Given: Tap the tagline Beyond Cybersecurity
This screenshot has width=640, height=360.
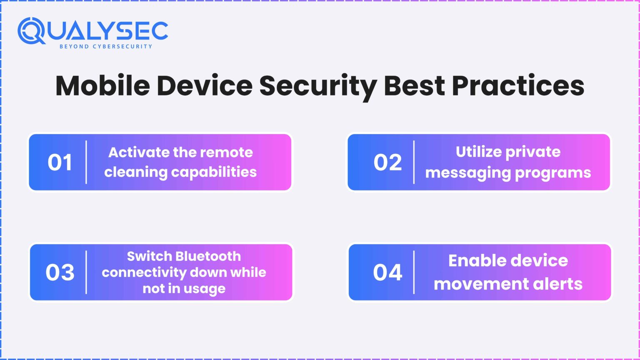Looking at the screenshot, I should coord(106,47).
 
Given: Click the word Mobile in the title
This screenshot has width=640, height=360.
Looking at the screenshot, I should coord(102,85).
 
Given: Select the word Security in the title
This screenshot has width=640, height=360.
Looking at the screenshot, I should coord(318,86).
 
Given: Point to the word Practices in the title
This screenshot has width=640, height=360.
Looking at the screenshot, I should coord(518,85).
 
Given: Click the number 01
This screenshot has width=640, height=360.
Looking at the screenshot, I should coord(60,162).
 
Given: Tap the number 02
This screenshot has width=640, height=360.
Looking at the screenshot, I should coord(387,162).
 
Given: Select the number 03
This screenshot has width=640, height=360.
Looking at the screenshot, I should coord(60,272).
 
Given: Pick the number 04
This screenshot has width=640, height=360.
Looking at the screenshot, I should coord(387,272).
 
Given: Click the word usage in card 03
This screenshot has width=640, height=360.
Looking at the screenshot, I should coord(204,289).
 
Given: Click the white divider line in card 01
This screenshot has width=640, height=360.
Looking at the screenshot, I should coord(86,162).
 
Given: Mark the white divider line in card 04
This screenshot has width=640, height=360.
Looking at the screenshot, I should coord(414,272).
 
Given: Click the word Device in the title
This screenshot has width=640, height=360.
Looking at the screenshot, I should coord(205,85).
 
